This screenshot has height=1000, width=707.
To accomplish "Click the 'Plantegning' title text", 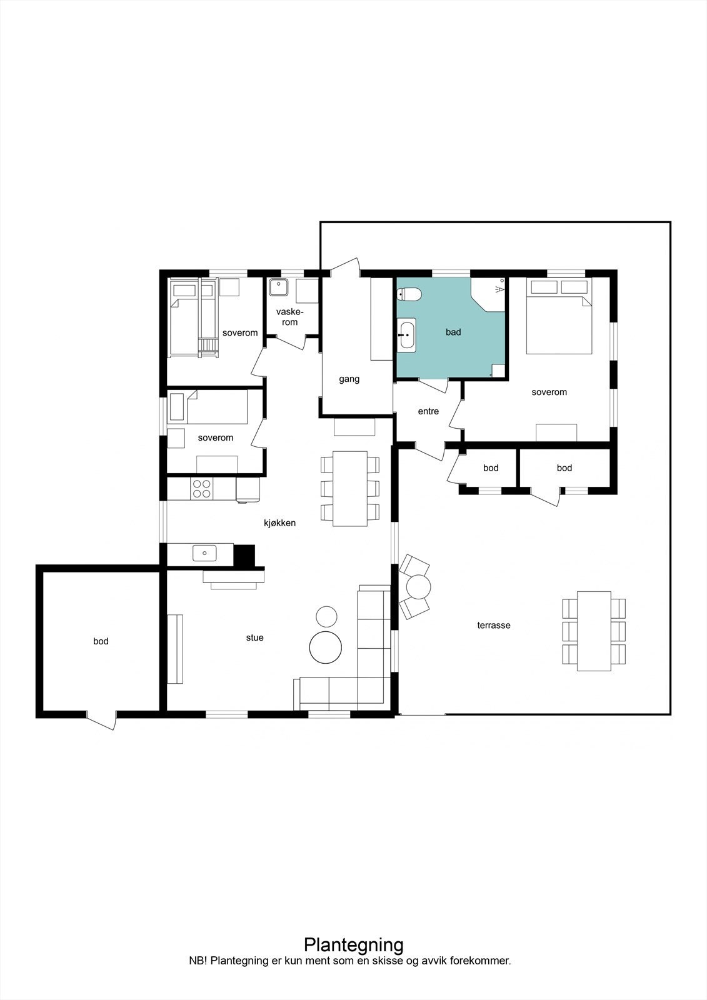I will tap(353, 944).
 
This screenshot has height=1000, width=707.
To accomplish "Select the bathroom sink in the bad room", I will tap(406, 334).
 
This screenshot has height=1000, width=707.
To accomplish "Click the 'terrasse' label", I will tap(494, 625).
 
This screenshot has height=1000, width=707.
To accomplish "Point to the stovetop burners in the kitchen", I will tap(201, 488).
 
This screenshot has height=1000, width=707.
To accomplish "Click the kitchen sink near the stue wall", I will tap(204, 552).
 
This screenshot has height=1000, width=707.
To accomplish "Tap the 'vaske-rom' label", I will tap(289, 317).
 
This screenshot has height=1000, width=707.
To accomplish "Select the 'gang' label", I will tap(349, 379).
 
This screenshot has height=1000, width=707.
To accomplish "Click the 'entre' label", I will tap(428, 411).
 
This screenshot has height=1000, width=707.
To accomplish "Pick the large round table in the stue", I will tap(326, 647).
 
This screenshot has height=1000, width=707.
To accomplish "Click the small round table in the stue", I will tap(326, 616).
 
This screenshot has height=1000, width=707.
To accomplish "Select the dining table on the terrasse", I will tap(593, 631).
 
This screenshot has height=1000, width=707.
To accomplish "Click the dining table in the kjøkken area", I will tap(349, 488).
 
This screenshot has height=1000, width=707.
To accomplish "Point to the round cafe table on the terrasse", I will tap(418, 587).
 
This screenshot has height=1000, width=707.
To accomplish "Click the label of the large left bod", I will tap(101, 641).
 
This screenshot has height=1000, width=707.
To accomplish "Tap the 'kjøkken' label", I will tap(279, 522).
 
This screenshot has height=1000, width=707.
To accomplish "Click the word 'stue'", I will tap(254, 637).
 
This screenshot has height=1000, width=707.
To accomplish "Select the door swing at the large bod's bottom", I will tap(102, 721).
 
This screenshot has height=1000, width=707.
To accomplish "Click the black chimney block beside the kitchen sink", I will tap(244, 555).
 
